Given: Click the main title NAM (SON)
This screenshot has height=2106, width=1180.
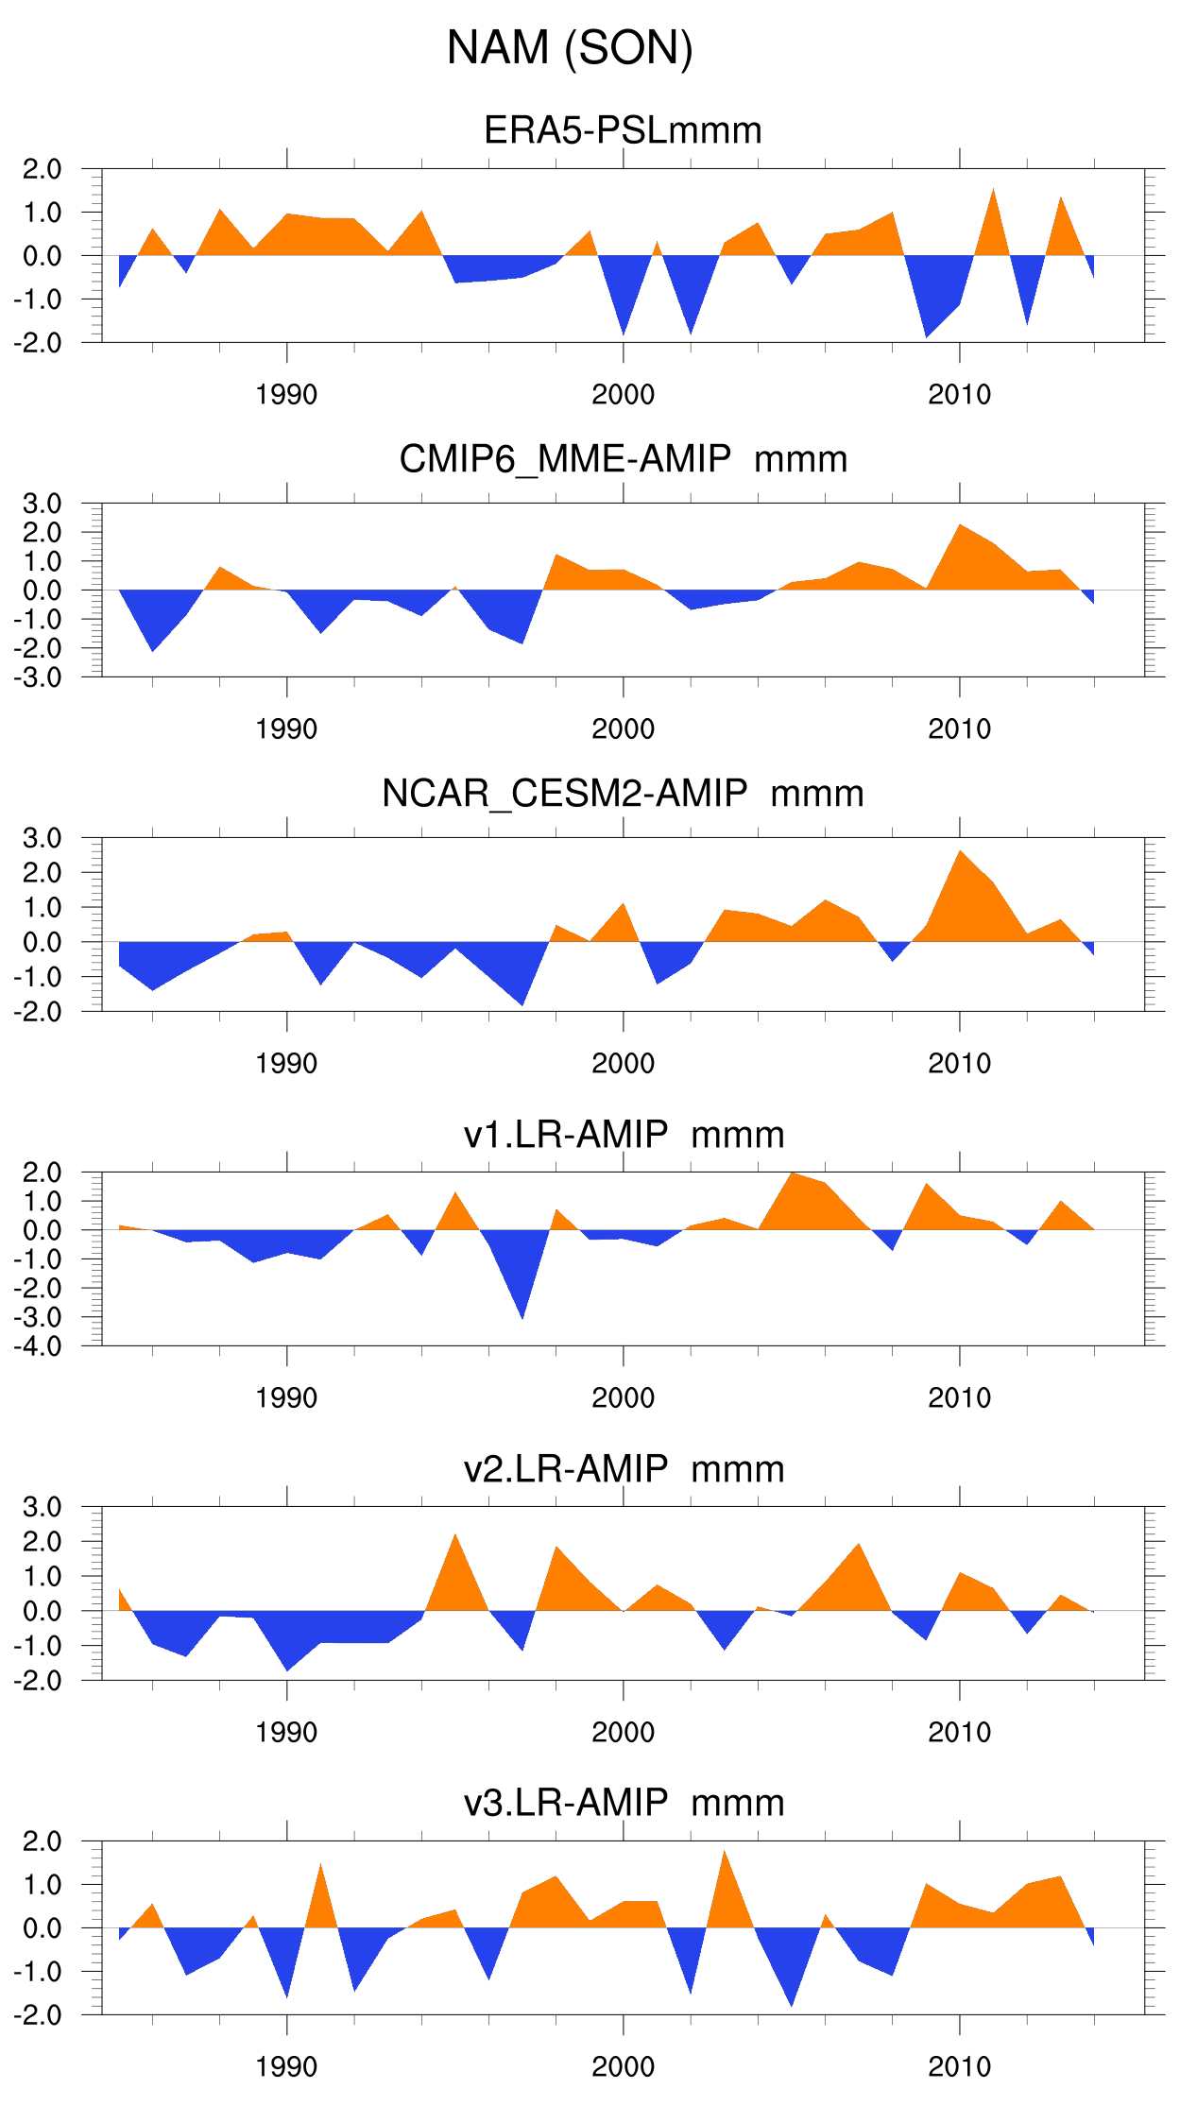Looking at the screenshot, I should point(570,47).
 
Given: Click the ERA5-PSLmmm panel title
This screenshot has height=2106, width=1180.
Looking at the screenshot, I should point(623,130).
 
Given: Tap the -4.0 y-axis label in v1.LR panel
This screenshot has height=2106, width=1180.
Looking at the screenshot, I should point(38,1346).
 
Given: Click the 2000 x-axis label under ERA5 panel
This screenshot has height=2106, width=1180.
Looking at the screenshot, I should point(623,395).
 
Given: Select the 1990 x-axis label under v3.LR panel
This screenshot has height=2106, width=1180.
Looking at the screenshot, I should point(286,2067).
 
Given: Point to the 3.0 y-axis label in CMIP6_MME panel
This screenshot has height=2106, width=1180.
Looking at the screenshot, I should point(43,504).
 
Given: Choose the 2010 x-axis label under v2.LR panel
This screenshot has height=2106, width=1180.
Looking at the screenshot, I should point(959,1733).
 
